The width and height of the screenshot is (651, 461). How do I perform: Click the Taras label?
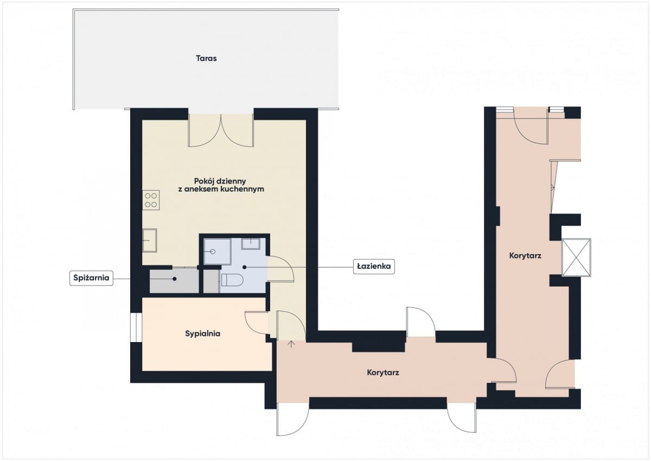pos(206,58)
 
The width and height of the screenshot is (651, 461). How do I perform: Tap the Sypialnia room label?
pos(202,333)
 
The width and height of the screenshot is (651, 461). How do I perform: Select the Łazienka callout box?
pos(374,266)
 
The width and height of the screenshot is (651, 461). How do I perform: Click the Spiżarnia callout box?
pos(91,278)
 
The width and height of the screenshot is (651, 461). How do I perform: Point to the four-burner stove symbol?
pos(151,200)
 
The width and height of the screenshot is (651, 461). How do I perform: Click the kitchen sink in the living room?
pos(150,240)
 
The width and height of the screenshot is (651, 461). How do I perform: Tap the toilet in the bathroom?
pos(232,280)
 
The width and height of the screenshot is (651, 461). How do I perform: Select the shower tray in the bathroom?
pos(218,251)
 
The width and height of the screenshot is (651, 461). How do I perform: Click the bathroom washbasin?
pos(251,244)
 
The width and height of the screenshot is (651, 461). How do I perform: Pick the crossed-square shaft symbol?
pos(576,257)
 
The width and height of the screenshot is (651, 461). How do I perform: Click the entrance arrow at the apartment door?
pos(291,344)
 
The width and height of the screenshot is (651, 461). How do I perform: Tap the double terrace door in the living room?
pos(221,130)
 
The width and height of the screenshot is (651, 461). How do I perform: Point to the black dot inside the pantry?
pos(174,279)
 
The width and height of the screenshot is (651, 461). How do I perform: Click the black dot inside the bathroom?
pos(245,267)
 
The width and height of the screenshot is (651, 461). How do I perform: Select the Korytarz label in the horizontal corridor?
pos(383,372)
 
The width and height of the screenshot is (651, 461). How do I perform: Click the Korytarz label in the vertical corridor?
pos(525,256)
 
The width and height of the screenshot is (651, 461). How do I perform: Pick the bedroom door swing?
pos(256,324)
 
